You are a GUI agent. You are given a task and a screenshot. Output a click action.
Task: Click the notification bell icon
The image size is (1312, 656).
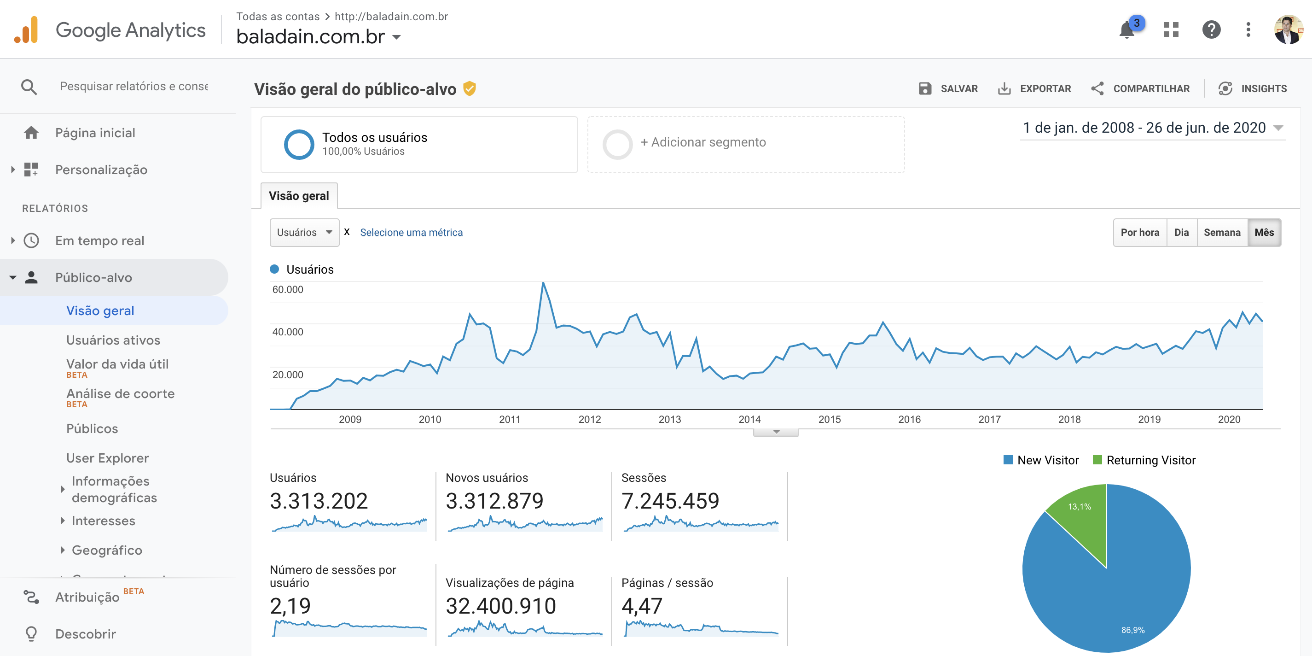(x=1127, y=30)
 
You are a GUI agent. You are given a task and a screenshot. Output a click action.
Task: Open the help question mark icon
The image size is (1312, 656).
(x=1211, y=29)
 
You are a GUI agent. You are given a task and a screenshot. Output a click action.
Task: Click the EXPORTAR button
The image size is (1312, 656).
(x=1034, y=89)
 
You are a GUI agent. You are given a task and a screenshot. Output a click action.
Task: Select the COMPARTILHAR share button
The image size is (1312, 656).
(x=1140, y=89)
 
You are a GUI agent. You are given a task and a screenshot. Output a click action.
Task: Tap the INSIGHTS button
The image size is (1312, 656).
(x=1253, y=89)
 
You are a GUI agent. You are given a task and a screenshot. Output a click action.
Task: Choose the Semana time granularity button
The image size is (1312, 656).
(x=1221, y=233)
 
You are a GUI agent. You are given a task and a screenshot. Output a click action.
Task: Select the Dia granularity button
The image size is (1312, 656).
(x=1181, y=233)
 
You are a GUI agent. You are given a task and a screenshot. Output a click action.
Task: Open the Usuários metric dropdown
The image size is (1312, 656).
(x=304, y=233)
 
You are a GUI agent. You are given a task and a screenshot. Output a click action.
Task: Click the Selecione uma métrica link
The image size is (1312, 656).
(x=411, y=233)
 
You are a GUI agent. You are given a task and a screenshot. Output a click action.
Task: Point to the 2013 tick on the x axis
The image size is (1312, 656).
(x=669, y=419)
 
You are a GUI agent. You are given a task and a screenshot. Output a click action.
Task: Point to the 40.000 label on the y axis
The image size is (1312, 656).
(x=288, y=332)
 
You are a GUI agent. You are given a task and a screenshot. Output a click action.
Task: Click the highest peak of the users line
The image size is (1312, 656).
(x=543, y=283)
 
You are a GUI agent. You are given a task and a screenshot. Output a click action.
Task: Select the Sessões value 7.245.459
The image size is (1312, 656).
(x=670, y=501)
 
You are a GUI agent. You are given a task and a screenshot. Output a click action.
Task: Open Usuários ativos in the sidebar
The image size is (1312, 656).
(x=113, y=340)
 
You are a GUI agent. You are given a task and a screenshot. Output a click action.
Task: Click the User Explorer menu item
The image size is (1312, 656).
(x=107, y=458)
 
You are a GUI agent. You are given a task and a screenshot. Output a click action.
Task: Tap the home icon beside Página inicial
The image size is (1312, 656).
(x=31, y=133)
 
